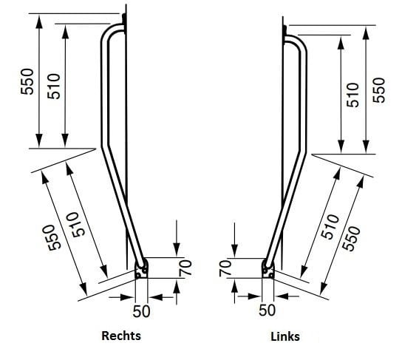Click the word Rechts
pos(121,336)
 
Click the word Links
pos(285,336)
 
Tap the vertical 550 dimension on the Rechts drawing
pos(27,81)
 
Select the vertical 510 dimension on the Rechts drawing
pos(54,86)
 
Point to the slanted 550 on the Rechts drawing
pos(52,237)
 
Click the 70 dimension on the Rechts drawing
pos(185,268)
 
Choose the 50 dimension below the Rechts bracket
pos(141,311)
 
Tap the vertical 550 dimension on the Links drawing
pos(379,90)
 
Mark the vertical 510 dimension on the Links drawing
pos(352,95)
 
